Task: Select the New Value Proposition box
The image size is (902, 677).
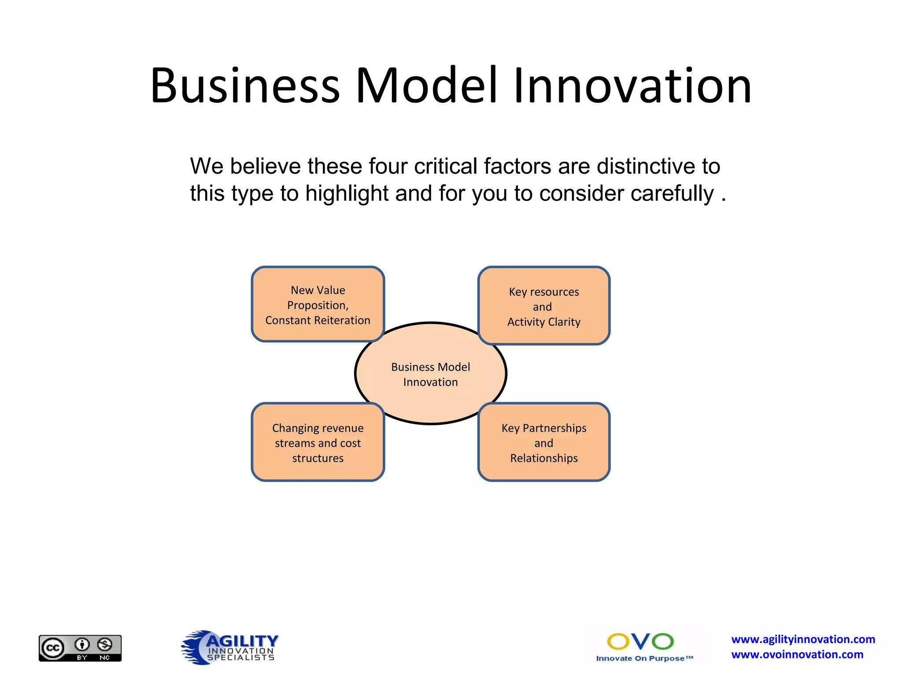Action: point(318,305)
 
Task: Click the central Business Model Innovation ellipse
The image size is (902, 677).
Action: point(430,374)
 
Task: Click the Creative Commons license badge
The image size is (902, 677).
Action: point(80,648)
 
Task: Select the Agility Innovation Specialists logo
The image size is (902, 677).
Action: point(230,647)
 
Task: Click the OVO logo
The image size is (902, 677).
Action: point(640,641)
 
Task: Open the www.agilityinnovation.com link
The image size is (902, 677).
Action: point(803,639)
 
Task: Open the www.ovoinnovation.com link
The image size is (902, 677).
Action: point(797,655)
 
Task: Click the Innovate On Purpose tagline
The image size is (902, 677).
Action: point(644,658)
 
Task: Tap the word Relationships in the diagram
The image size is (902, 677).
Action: point(543,458)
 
